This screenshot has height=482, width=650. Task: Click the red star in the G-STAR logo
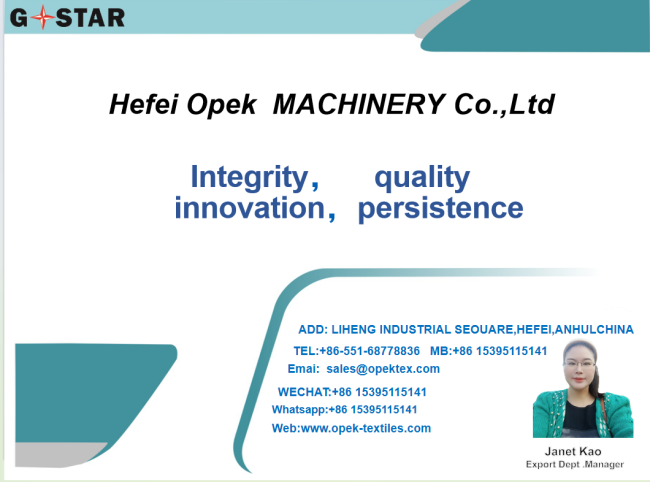(42, 17)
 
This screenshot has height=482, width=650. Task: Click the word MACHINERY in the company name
(358, 104)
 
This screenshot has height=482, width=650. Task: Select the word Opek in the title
(221, 105)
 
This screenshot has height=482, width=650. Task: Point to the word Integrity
(249, 177)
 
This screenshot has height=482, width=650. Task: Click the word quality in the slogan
(422, 178)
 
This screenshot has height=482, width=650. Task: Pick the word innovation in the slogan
(250, 208)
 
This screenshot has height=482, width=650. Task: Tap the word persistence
(440, 208)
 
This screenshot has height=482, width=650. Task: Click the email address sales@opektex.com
(383, 369)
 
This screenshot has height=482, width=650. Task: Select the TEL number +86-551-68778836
(370, 351)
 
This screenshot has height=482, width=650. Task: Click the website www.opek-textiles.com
(366, 428)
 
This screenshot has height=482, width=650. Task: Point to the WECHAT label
(304, 392)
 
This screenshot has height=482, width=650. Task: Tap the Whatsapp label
(299, 410)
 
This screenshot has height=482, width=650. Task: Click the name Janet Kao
(573, 451)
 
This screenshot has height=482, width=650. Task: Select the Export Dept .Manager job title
(575, 465)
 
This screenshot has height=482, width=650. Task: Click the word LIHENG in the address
(354, 329)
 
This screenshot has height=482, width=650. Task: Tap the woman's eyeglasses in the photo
(580, 364)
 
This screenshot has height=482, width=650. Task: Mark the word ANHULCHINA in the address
(594, 329)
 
